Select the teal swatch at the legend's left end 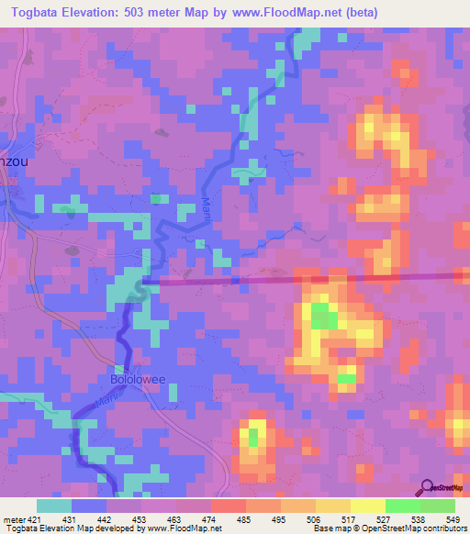54,506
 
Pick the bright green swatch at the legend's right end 437,506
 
